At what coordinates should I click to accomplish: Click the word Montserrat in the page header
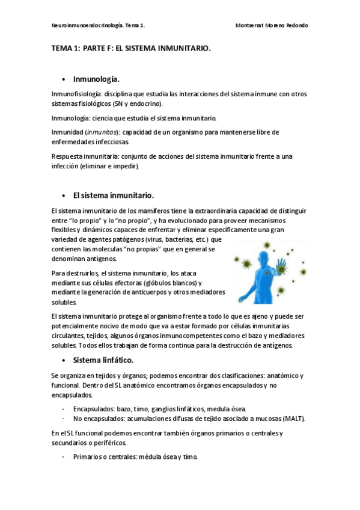click(x=252, y=26)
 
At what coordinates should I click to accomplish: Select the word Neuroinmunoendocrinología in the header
click(x=84, y=26)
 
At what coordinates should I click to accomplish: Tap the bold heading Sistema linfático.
click(x=103, y=360)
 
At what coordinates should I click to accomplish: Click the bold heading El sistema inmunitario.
click(x=114, y=195)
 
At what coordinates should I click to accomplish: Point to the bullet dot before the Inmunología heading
click(x=64, y=79)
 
